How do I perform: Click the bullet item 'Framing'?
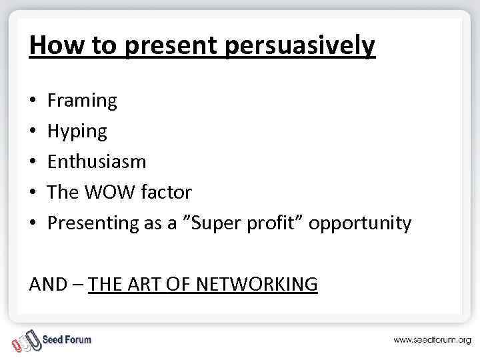click(x=82, y=101)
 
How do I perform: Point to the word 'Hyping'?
click(x=77, y=132)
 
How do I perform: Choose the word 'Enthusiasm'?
click(x=97, y=162)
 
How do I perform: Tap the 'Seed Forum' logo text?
click(x=67, y=339)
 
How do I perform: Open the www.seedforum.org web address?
click(x=432, y=340)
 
